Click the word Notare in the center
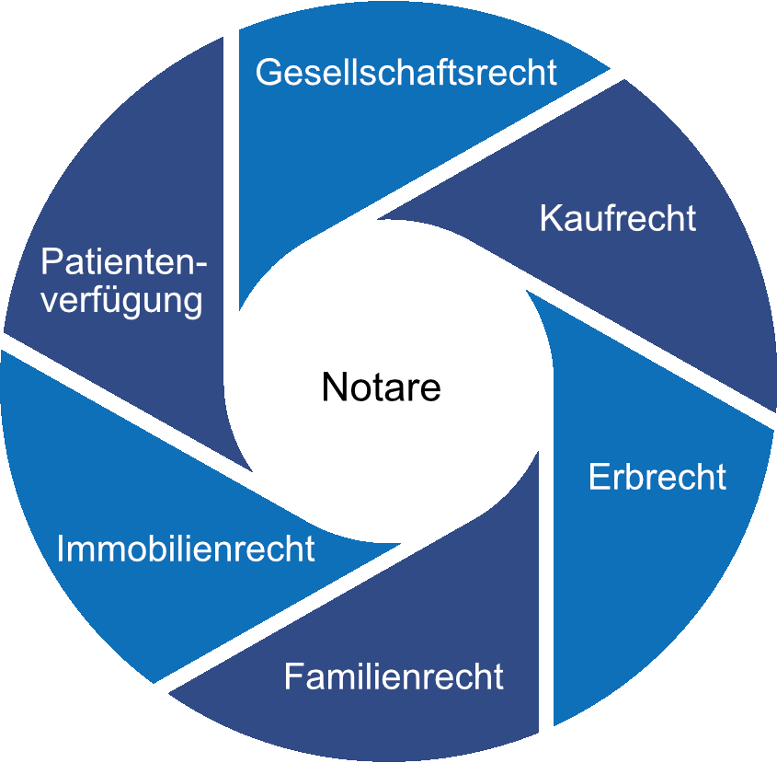(x=382, y=387)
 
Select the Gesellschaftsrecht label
(x=406, y=72)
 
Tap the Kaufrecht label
(x=617, y=219)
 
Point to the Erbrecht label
(x=657, y=478)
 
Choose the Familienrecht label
(x=394, y=677)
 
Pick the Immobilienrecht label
(x=186, y=549)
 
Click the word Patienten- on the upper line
(x=124, y=263)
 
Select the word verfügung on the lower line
(x=122, y=301)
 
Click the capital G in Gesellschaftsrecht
(x=269, y=72)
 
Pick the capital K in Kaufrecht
(x=550, y=219)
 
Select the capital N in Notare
(x=333, y=387)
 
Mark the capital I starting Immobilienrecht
(x=61, y=549)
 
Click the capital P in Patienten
(x=51, y=263)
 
